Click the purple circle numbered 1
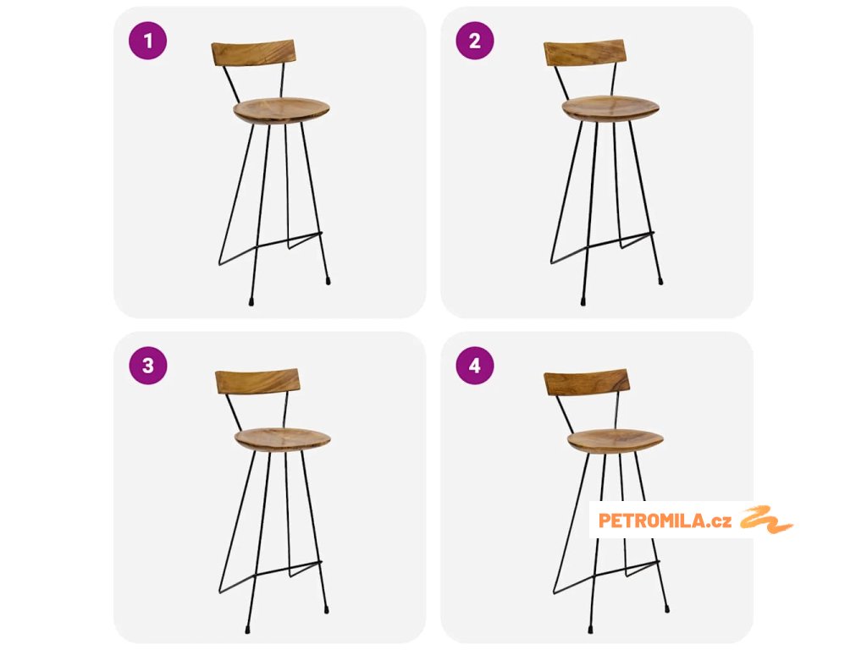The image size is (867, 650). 147,41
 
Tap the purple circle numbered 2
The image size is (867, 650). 475,41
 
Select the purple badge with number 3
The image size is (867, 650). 147,366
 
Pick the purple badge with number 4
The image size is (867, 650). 475,366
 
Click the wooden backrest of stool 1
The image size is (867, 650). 253,52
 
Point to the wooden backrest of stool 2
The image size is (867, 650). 585,52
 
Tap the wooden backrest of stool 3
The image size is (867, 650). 257,382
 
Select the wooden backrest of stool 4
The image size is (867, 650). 587,383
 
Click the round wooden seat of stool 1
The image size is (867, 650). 281,111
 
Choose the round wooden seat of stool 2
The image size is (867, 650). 610,108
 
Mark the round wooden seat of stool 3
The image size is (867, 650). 283,439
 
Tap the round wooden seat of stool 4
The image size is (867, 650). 616,441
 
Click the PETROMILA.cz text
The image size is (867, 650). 665,521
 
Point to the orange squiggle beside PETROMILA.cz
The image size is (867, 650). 766,520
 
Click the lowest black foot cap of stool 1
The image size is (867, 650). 251,302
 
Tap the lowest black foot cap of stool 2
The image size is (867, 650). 583,302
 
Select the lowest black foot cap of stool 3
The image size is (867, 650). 247,629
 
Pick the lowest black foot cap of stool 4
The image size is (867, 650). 591,629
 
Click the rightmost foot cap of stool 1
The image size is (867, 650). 328,281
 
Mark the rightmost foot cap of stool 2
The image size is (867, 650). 660,281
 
